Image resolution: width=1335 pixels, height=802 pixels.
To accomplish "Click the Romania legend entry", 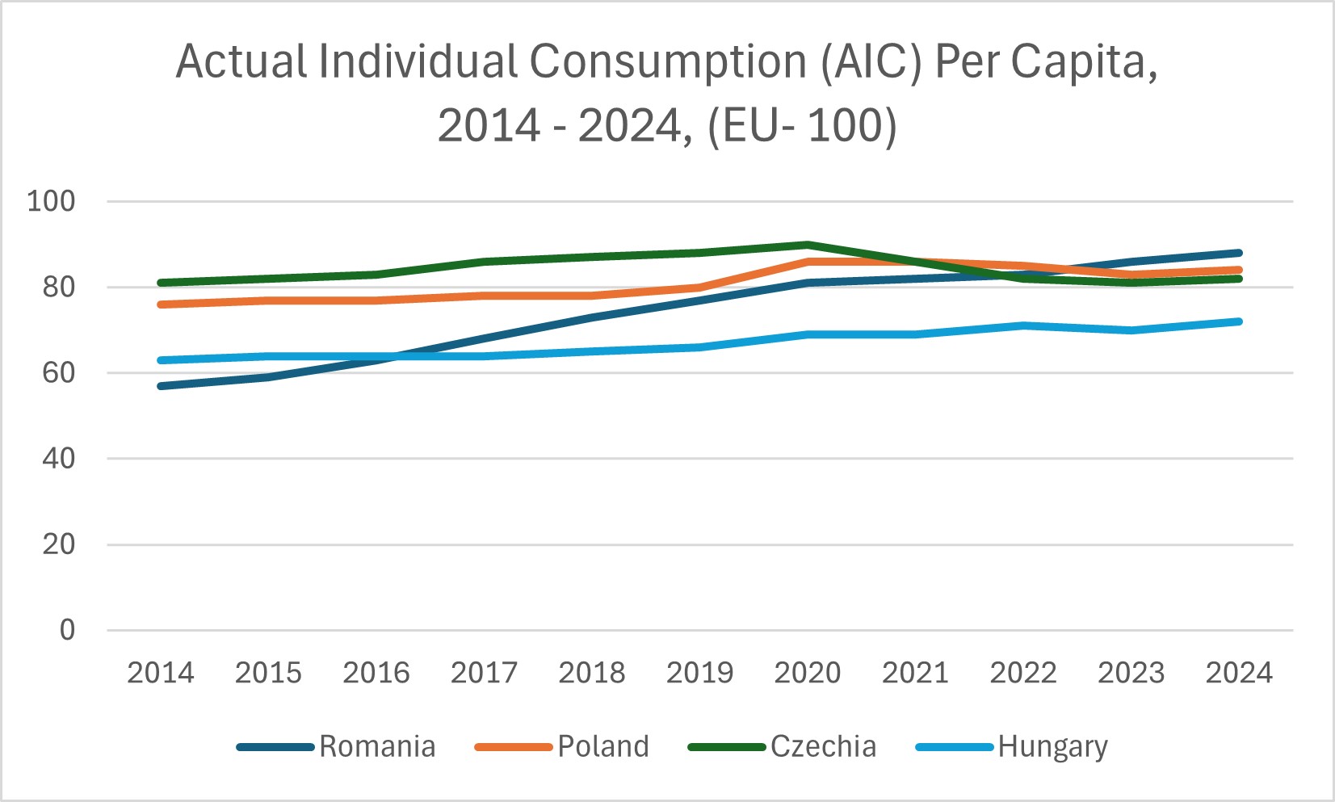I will click(376, 746).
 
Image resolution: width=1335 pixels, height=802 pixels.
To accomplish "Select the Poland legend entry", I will click(602, 746).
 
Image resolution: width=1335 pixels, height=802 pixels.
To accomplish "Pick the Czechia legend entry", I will click(822, 746).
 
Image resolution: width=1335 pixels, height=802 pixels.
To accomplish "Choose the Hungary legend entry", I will click(1052, 746).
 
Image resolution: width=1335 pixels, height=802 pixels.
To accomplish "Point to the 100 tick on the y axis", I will click(51, 201).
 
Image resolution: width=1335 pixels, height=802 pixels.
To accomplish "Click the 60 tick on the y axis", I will click(59, 373).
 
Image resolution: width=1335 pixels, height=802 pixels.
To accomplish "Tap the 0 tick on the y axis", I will click(68, 630).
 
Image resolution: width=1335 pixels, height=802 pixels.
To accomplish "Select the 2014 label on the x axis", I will click(161, 673).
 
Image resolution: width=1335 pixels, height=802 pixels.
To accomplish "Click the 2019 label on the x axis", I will click(699, 673).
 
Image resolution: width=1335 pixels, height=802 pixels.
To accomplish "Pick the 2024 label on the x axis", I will click(1239, 673).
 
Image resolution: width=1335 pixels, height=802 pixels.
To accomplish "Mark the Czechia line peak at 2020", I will click(808, 245).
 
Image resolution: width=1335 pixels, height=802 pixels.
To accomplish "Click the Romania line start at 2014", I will click(161, 386).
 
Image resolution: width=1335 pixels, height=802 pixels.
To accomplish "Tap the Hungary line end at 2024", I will click(1239, 321).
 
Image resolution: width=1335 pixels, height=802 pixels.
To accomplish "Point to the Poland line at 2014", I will click(161, 304).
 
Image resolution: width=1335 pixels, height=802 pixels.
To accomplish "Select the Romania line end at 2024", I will click(1239, 253).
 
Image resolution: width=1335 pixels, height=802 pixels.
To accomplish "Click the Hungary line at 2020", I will click(808, 334).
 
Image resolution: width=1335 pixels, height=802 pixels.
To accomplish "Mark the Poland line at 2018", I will click(592, 296).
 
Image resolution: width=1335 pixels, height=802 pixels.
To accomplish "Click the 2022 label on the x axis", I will click(1023, 673).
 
